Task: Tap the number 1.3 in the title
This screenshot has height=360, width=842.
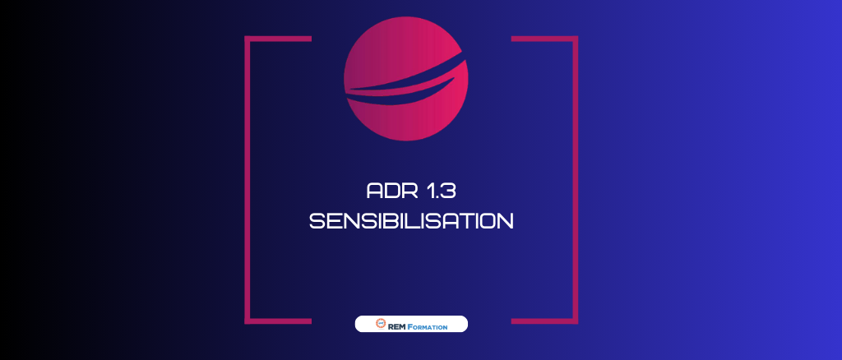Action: click(x=442, y=192)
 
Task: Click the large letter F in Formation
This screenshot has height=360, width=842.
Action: click(x=409, y=325)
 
